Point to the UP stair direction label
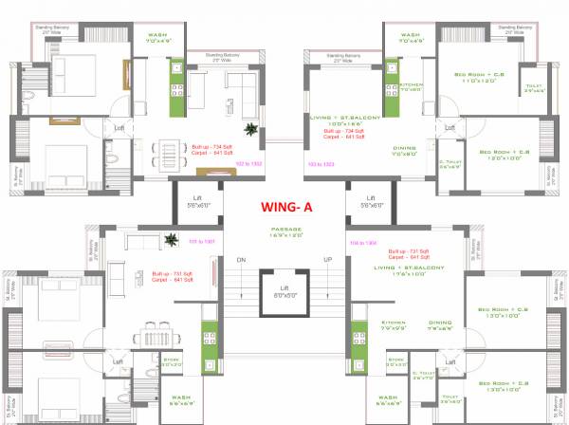[328, 259]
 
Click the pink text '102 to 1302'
[248, 164]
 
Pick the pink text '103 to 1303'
[321, 164]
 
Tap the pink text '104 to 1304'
[363, 243]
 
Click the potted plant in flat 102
[249, 129]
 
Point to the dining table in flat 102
[172, 151]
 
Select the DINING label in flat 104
[439, 323]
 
